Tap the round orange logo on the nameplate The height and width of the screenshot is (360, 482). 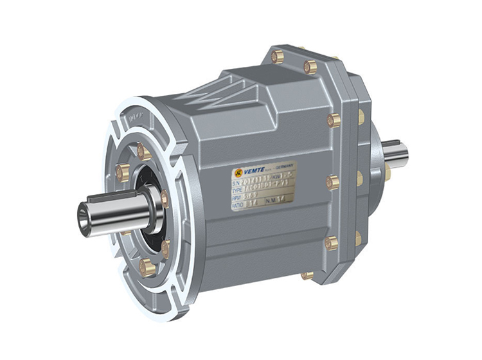[238, 172]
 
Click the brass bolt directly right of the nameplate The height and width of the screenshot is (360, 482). [332, 183]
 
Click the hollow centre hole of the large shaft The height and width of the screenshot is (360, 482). [85, 213]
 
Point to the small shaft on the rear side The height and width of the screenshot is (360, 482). [395, 152]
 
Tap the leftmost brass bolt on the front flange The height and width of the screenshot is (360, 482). [122, 172]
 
